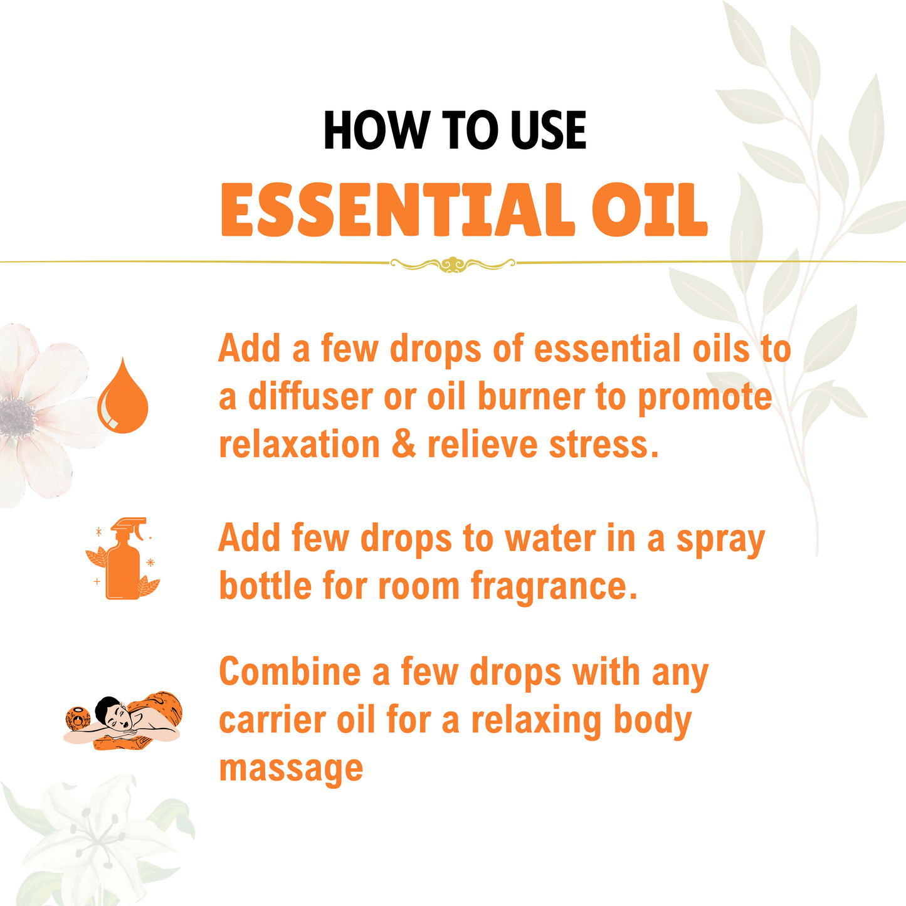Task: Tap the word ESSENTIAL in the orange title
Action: [397, 210]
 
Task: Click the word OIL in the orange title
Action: [650, 210]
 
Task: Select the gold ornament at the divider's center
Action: [452, 264]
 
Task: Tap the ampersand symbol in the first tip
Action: [403, 445]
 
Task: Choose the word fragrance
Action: [552, 586]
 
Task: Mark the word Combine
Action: [290, 672]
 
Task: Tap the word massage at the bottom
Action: [291, 769]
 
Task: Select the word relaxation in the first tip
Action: [299, 445]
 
